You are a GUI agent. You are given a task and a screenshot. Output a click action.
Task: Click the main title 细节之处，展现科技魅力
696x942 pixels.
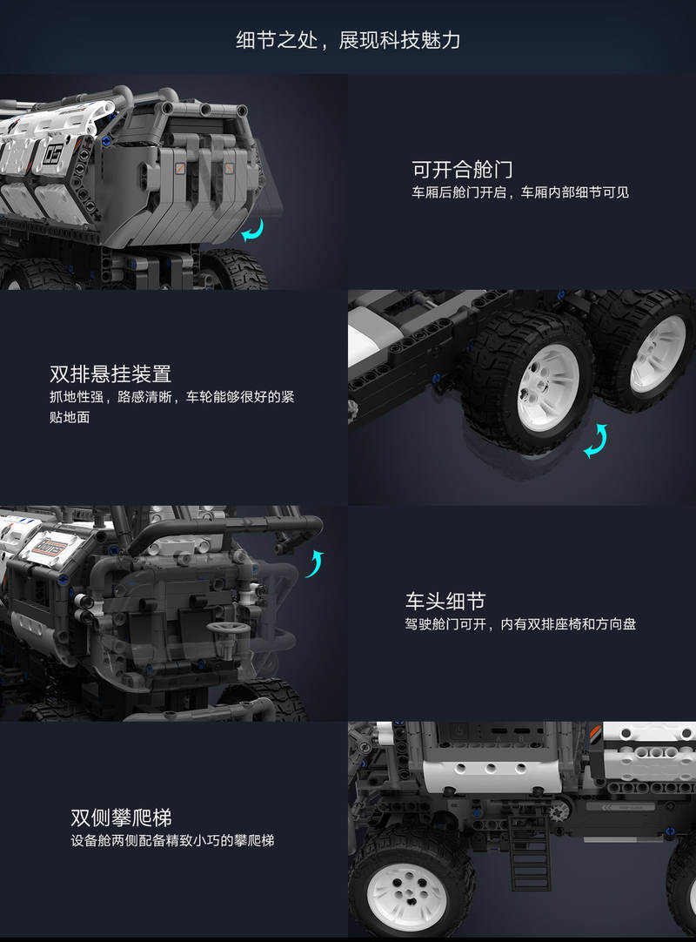coord(348,40)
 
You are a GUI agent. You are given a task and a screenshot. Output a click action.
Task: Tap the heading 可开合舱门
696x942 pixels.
coord(462,170)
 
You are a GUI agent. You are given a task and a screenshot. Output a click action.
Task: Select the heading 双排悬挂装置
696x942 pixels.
coord(110,373)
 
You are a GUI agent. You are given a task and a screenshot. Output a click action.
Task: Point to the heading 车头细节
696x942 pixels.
coord(445,601)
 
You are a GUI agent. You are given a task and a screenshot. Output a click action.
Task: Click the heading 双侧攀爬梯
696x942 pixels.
coord(121,817)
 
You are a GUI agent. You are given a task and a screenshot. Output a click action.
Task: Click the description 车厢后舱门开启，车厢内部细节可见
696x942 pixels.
coord(520,192)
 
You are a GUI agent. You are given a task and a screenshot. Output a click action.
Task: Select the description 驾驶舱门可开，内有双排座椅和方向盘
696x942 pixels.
coord(520,624)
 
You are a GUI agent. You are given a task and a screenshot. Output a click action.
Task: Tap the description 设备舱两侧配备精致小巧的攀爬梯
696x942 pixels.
coord(172,840)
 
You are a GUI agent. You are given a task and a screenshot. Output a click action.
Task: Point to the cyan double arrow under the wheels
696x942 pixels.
coord(597,441)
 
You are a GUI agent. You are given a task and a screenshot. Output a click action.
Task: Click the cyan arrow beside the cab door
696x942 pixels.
coord(315,563)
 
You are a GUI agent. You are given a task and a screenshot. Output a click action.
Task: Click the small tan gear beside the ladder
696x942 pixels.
coord(558,812)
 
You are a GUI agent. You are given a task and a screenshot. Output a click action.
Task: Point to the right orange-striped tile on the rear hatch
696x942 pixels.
coord(230,169)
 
